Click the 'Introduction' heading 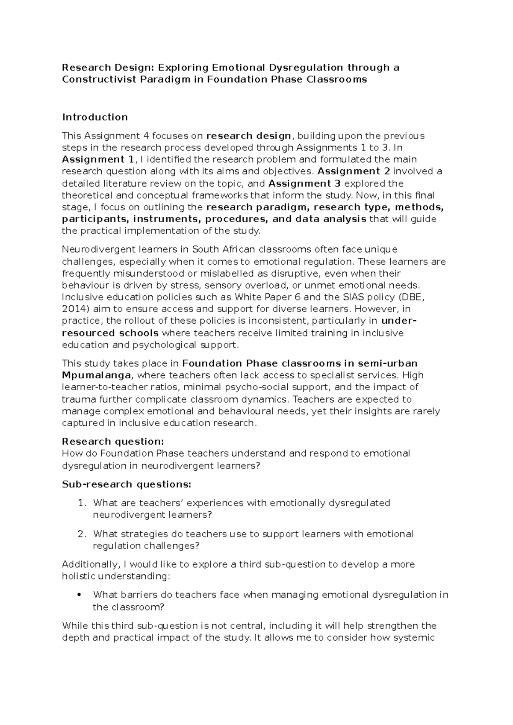tap(95, 117)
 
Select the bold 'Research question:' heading tap(113, 441)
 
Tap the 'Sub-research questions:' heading tap(127, 484)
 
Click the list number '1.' tap(83, 503)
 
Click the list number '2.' tap(83, 534)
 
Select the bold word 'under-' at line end tap(399, 321)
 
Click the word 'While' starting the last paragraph tap(74, 626)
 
